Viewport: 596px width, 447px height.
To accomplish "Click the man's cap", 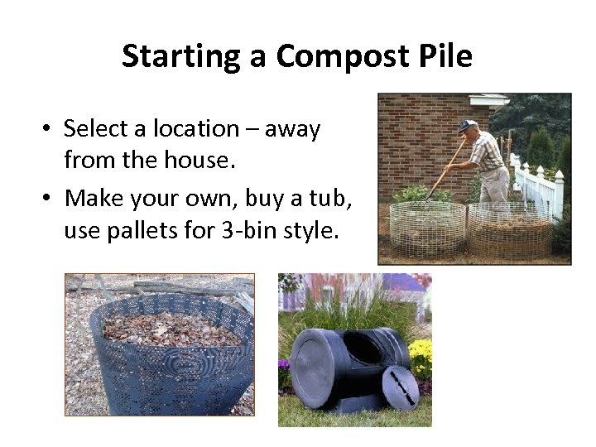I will pos(467,125).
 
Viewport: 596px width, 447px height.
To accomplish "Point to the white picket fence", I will pos(542,187).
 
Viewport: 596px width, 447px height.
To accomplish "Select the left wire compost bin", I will pos(427,228).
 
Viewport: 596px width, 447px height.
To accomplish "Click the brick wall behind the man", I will pos(414,141).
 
